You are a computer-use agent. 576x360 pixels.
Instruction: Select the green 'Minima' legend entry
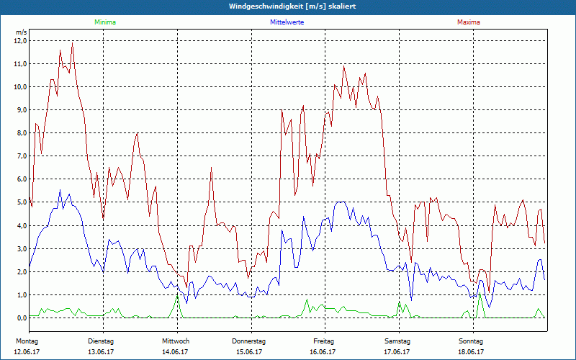tap(104, 22)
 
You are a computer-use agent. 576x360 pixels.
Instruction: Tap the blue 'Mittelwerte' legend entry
tap(287, 22)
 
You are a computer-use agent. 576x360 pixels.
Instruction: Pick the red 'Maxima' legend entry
tap(468, 22)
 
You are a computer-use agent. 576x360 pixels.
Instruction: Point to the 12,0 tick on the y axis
tap(20, 41)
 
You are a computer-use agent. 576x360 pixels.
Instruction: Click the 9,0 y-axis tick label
tap(20, 110)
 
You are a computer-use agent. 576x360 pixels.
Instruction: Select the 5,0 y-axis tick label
tap(20, 202)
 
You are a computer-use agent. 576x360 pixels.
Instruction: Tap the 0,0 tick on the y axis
tap(20, 318)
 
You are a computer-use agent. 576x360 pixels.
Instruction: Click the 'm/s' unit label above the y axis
tap(21, 32)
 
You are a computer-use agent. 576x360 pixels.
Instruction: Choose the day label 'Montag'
tap(27, 341)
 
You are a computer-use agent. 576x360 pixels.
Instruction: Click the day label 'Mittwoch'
tap(176, 341)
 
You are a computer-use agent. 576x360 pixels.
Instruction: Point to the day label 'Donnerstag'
tap(249, 341)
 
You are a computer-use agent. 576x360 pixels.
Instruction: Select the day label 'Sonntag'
tap(472, 341)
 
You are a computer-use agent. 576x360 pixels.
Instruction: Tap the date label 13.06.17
tap(102, 352)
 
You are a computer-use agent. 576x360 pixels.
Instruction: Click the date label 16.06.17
tap(323, 352)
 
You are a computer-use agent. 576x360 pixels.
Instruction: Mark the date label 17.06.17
tap(397, 352)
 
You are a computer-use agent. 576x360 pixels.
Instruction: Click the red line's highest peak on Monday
tap(73, 43)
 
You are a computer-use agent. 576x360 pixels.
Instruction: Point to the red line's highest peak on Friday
tap(344, 67)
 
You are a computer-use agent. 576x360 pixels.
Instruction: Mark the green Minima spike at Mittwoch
tap(177, 296)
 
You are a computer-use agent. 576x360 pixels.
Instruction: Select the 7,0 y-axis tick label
tap(20, 156)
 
